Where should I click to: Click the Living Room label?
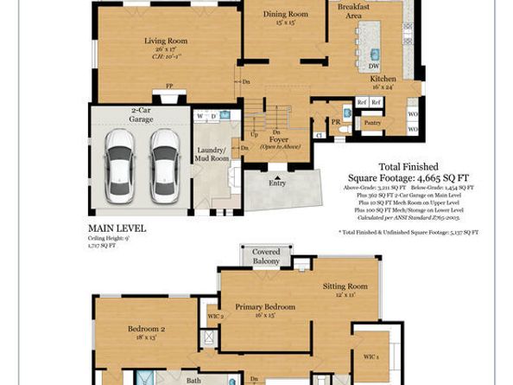pyautogui.click(x=166, y=39)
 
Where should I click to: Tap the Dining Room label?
pyautogui.click(x=285, y=14)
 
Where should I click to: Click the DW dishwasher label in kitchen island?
pyautogui.click(x=373, y=66)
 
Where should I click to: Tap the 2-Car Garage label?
pyautogui.click(x=141, y=114)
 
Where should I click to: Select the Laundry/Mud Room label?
pyautogui.click(x=212, y=154)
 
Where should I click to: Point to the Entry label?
pyautogui.click(x=277, y=183)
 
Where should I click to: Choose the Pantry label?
pyautogui.click(x=371, y=124)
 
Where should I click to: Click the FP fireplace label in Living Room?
pyautogui.click(x=168, y=87)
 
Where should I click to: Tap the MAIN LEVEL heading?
pyautogui.click(x=117, y=228)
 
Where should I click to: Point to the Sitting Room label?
pyautogui.click(x=345, y=286)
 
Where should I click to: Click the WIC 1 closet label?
pyautogui.click(x=370, y=356)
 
